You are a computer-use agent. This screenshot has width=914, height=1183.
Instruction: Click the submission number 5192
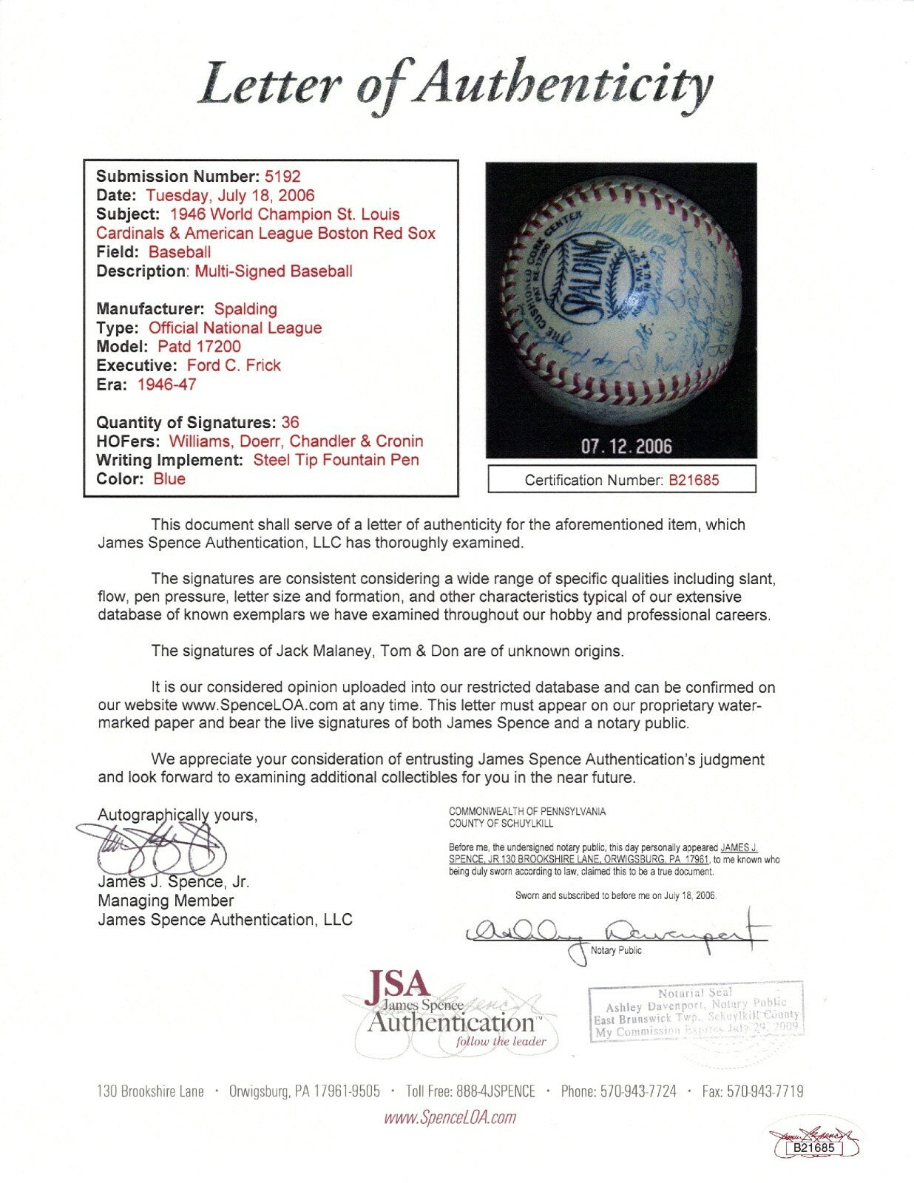click(282, 176)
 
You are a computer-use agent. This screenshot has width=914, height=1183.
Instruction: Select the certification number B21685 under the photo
click(694, 480)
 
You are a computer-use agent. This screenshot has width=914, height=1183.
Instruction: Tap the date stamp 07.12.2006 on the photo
click(626, 446)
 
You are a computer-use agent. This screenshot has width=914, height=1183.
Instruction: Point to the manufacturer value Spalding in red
click(246, 308)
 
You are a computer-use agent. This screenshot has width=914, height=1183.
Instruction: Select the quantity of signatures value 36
click(290, 422)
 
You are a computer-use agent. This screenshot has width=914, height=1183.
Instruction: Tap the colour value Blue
click(169, 478)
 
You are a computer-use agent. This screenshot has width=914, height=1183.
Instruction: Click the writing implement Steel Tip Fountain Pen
click(336, 460)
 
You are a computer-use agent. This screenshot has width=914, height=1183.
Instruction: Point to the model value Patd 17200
click(199, 346)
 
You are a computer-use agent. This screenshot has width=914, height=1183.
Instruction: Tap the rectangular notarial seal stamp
click(696, 1012)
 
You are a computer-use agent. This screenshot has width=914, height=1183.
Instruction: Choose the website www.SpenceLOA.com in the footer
click(450, 1117)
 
